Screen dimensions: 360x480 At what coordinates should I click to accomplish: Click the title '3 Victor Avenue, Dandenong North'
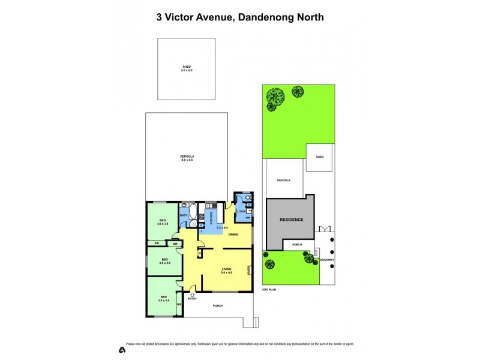240,17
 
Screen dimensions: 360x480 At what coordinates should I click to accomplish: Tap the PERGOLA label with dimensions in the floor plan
187,158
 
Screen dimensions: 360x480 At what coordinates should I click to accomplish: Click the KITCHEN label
211,215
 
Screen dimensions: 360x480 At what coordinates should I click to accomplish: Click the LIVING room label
226,269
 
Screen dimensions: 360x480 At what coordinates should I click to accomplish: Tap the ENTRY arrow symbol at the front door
192,295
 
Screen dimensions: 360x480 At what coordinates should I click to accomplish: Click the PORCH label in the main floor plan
218,305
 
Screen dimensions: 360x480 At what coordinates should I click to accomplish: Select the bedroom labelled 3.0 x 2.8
163,262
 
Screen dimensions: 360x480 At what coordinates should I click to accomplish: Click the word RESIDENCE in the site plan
292,220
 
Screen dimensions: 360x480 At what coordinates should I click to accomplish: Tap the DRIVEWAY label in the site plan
326,260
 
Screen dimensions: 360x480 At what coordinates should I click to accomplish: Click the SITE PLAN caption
269,289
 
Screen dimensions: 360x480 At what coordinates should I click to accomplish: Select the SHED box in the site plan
320,157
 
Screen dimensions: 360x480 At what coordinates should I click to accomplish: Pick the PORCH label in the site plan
296,245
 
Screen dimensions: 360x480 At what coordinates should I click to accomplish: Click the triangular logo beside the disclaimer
122,349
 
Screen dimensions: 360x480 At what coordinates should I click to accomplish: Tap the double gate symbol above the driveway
325,230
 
